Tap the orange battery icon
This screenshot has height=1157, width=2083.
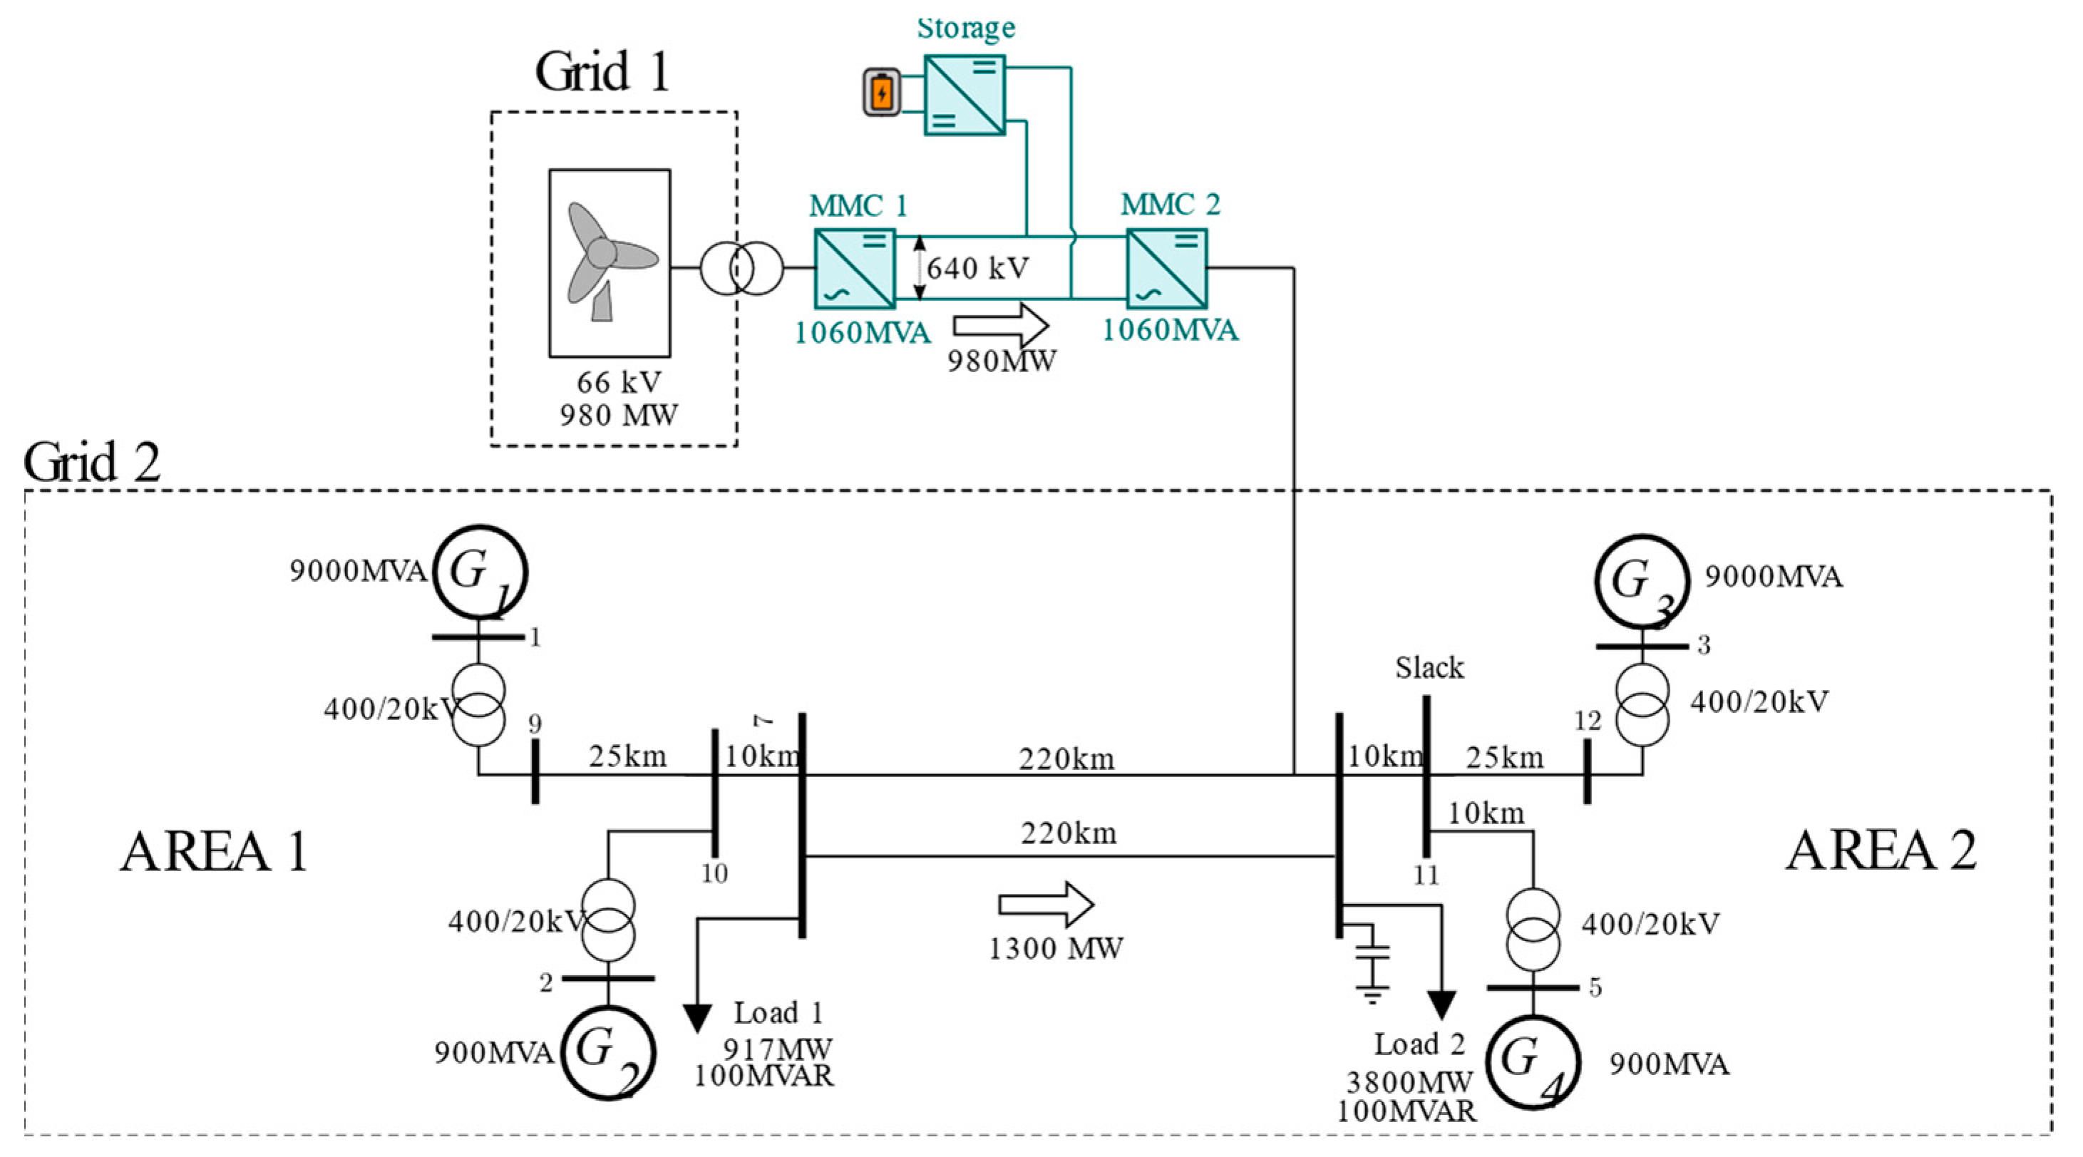click(881, 93)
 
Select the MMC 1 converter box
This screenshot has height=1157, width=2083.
click(855, 269)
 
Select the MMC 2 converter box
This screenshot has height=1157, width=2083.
click(1167, 269)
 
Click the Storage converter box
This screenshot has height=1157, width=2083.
click(965, 95)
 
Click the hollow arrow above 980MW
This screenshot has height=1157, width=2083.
click(1001, 326)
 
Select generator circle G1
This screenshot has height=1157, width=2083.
click(480, 572)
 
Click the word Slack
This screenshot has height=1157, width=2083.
click(1429, 668)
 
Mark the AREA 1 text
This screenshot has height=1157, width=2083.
click(215, 851)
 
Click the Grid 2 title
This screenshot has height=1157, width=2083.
click(92, 463)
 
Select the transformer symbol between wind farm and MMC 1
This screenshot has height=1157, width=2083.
click(741, 269)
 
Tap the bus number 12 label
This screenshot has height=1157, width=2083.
click(1588, 721)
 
